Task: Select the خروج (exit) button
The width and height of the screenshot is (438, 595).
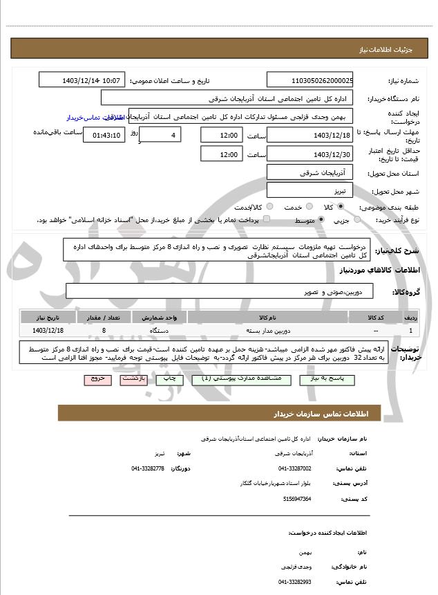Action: tap(97, 379)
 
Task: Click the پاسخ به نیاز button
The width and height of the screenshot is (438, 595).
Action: tap(327, 379)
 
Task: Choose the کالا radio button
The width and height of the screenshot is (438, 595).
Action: tap(341, 207)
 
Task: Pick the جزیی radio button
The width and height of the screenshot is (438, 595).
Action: tap(357, 220)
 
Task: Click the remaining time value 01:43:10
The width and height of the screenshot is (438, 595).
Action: tap(104, 135)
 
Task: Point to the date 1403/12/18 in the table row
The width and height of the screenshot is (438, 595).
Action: tap(48, 331)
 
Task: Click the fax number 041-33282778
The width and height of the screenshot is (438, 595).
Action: tap(148, 468)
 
